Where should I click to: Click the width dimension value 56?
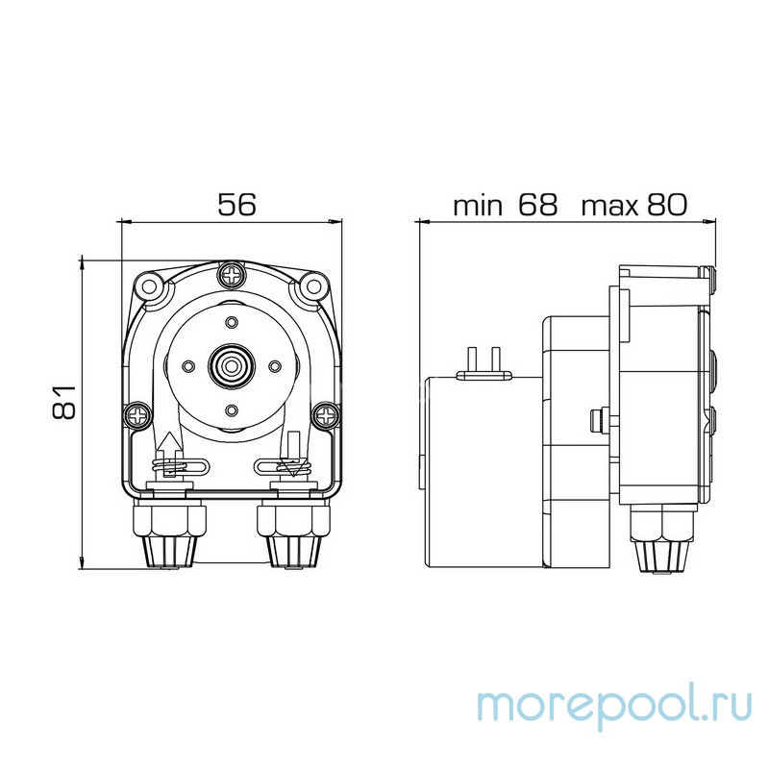point(236,205)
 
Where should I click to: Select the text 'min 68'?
point(506,205)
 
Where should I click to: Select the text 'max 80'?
point(635,205)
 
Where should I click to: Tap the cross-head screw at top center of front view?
point(231,276)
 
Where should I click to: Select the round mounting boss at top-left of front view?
point(147,285)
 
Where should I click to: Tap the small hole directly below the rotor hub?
point(231,409)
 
